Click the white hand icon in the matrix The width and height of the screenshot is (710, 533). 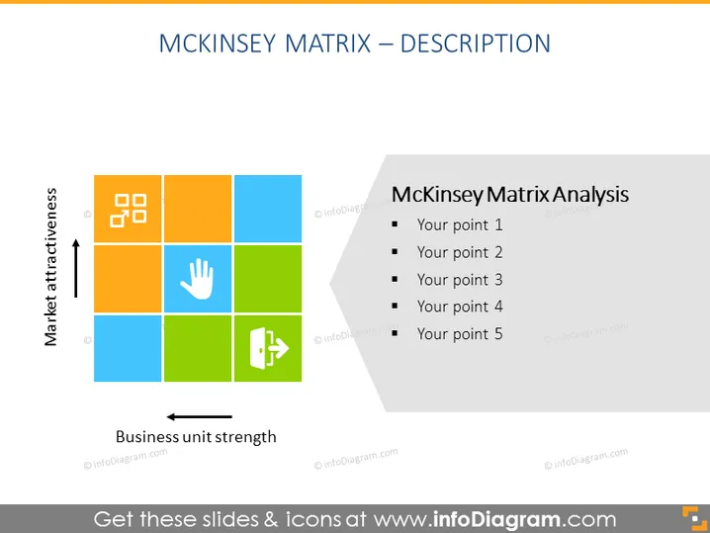198,279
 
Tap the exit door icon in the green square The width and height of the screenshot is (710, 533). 269,348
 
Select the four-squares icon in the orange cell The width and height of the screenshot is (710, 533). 129,211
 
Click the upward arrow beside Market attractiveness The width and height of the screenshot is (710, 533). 75,268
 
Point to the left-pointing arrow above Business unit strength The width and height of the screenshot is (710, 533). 199,416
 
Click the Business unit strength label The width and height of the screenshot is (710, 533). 196,437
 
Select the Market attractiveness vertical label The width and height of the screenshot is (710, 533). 50,267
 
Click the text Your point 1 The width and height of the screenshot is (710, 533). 460,225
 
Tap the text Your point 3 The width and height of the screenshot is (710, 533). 460,280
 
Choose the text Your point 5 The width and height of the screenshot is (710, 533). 460,334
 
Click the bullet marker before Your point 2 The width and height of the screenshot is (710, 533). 395,251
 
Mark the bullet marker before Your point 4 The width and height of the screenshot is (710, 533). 395,306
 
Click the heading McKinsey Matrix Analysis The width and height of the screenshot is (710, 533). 510,195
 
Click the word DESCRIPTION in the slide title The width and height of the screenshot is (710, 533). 476,44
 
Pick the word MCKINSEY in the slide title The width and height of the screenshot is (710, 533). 218,44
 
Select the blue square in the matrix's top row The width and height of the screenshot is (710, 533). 268,209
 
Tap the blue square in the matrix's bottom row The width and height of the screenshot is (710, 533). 128,348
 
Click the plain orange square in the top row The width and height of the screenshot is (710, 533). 198,209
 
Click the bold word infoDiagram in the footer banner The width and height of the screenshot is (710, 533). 496,519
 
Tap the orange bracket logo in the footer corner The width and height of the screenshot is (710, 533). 694,518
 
